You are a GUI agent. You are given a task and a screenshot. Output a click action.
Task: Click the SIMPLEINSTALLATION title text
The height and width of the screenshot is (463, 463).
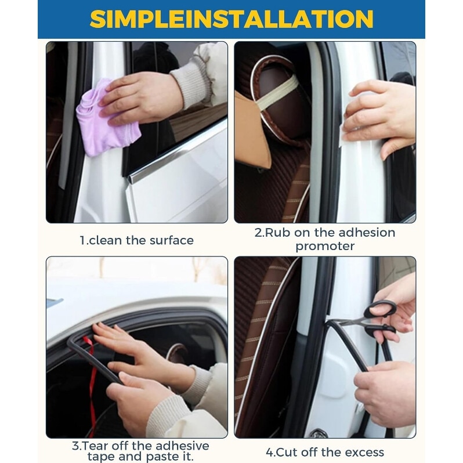tap(231, 19)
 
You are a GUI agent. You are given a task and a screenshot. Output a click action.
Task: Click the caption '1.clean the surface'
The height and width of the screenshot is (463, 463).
tap(137, 240)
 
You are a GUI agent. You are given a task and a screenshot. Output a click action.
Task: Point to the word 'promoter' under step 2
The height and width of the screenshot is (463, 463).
tap(325, 246)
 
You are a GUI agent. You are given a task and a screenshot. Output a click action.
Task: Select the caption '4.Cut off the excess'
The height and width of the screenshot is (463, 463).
tap(325, 452)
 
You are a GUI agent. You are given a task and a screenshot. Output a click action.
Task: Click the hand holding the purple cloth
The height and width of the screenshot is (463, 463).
tap(142, 97)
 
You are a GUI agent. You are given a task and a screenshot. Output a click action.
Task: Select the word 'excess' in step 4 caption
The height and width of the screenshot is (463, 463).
tap(364, 453)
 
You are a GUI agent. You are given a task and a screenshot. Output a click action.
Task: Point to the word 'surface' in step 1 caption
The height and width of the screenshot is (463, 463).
tap(171, 240)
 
